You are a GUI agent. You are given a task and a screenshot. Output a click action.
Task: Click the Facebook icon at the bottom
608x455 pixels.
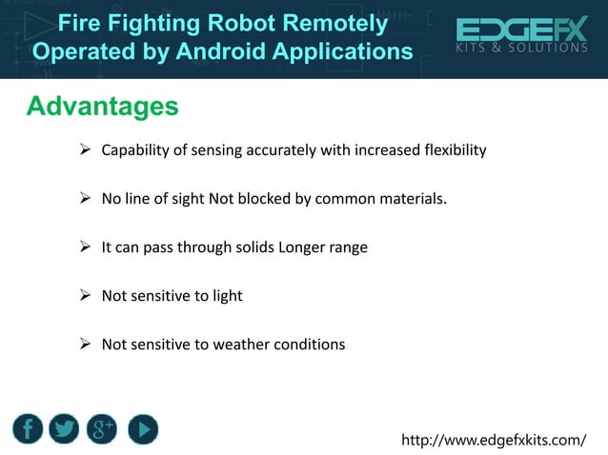click(29, 429)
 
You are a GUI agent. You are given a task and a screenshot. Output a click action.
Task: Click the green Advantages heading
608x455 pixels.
click(102, 107)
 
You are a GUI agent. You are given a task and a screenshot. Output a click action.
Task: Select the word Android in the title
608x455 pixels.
click(225, 49)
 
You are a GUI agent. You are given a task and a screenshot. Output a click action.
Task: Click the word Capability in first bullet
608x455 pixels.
click(136, 150)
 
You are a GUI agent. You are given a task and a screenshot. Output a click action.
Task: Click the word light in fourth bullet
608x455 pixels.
click(227, 296)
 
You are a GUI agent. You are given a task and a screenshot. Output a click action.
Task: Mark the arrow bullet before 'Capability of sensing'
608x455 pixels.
click(84, 150)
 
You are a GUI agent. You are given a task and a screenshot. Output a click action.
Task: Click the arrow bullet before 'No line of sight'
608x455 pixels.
click(84, 199)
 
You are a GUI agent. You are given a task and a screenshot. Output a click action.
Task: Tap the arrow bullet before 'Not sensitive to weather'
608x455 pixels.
click(84, 345)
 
